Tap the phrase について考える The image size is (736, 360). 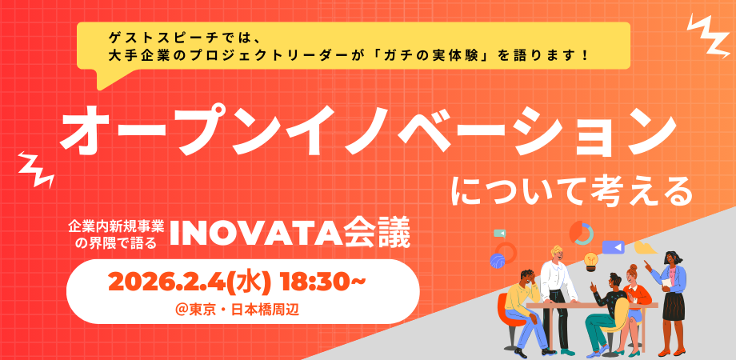click(x=570, y=192)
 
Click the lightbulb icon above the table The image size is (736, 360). click(x=590, y=260)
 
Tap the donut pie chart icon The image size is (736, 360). click(x=581, y=233)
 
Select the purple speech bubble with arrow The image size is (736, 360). click(x=614, y=246)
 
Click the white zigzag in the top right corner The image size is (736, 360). click(x=708, y=34)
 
